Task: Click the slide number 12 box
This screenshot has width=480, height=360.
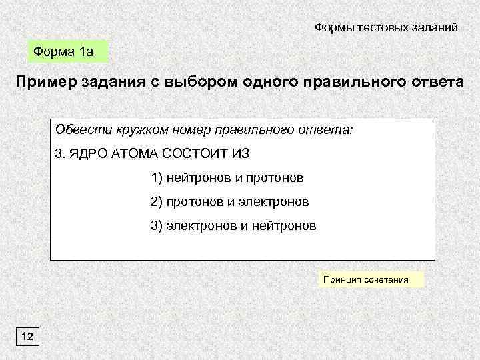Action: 28,337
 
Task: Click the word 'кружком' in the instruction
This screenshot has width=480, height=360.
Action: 137,129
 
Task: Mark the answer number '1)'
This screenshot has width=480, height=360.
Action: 157,178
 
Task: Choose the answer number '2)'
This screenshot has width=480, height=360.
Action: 157,202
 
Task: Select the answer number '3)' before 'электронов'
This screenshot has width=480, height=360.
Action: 157,226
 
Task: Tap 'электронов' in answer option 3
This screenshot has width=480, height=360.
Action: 200,226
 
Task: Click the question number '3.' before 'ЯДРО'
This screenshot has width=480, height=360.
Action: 59,153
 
